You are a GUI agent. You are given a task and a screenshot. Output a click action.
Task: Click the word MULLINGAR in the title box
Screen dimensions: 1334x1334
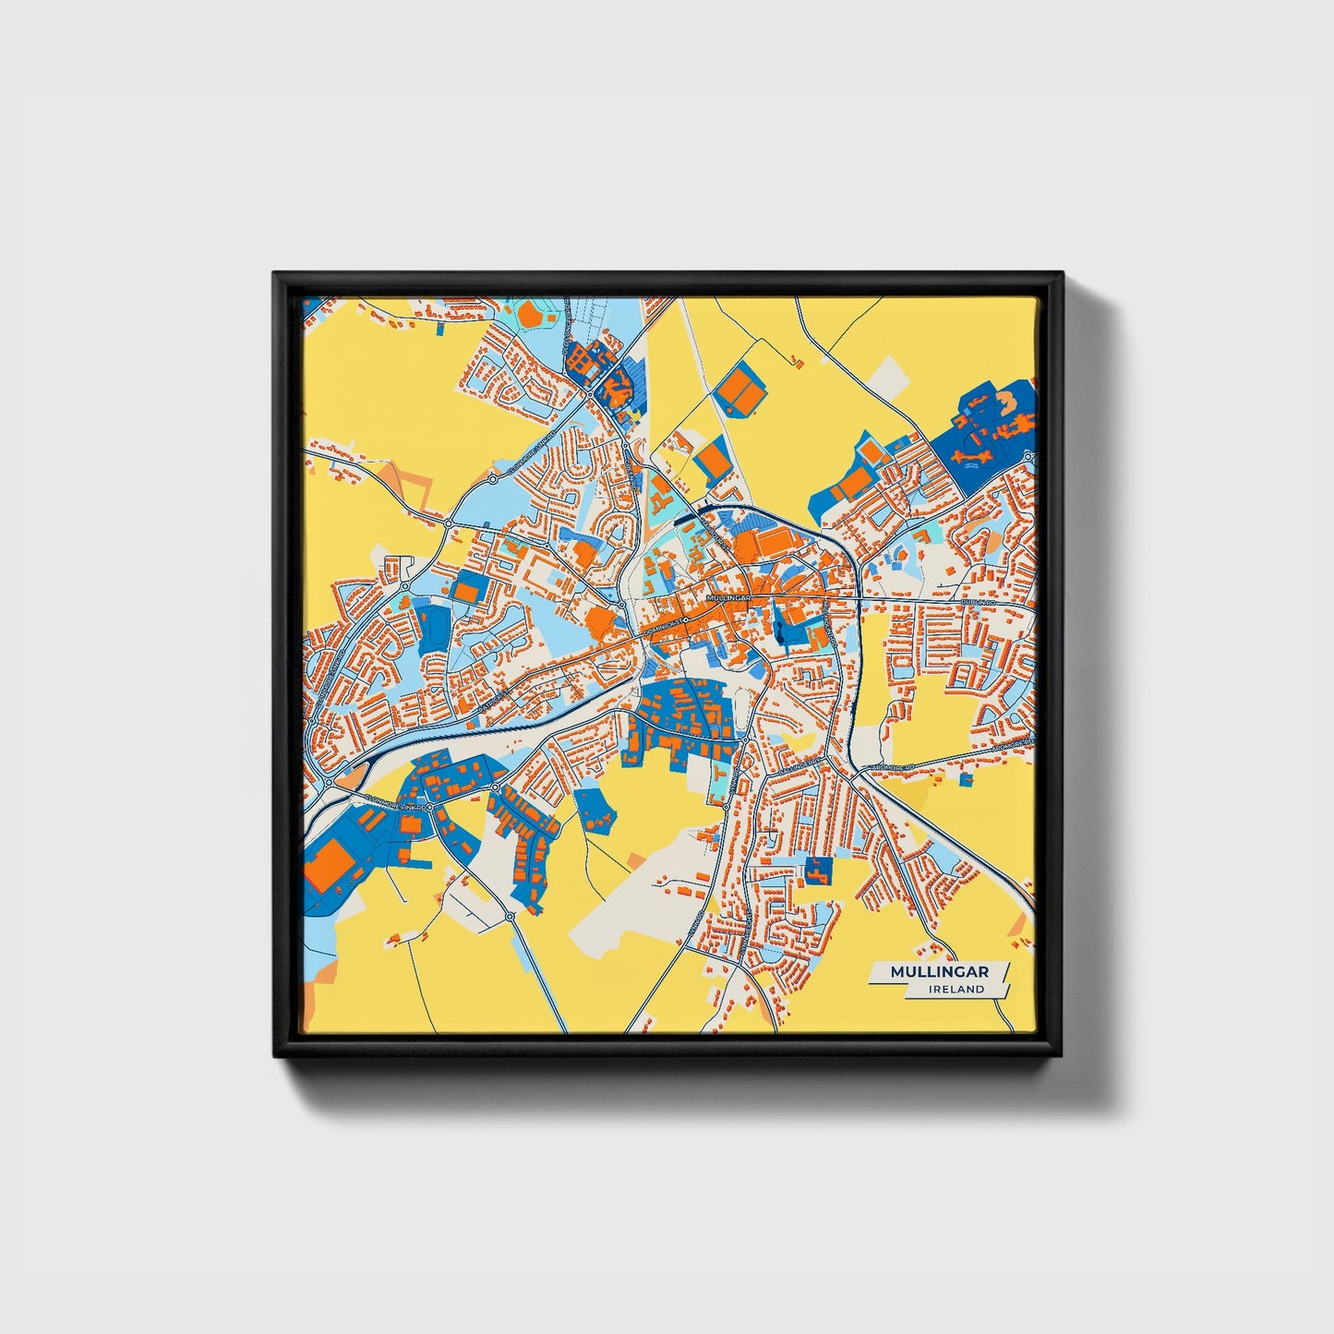939,972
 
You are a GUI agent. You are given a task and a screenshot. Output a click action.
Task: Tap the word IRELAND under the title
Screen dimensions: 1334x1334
957,989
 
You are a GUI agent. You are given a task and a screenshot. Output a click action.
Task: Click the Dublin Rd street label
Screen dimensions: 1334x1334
977,601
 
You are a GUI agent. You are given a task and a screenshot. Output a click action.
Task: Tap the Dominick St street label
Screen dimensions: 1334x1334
666,627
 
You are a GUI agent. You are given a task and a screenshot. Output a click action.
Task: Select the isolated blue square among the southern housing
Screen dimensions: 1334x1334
817,870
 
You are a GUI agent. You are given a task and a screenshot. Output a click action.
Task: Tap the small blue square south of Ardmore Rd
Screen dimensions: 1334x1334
966,780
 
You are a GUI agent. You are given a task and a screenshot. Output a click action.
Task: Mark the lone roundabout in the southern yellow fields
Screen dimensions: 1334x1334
510,917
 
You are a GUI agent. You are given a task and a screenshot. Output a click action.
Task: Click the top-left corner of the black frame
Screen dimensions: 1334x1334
274,273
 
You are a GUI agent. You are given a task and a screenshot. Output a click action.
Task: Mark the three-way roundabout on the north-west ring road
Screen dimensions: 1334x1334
449,523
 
